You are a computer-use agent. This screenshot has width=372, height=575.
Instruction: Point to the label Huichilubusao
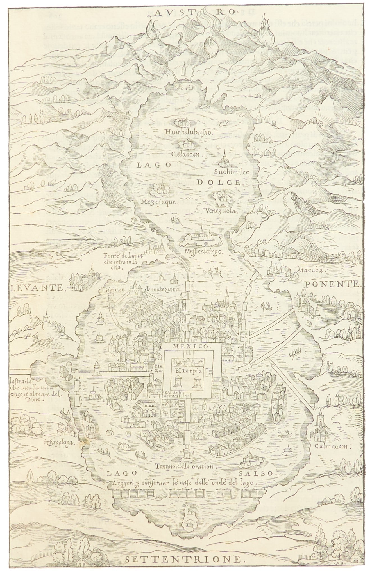[x=189, y=132]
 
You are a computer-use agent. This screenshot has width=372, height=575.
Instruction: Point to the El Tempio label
[x=187, y=371]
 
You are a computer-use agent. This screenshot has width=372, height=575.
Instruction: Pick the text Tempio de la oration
[x=186, y=466]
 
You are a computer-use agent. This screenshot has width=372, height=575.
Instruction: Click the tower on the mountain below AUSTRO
[x=184, y=69]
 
